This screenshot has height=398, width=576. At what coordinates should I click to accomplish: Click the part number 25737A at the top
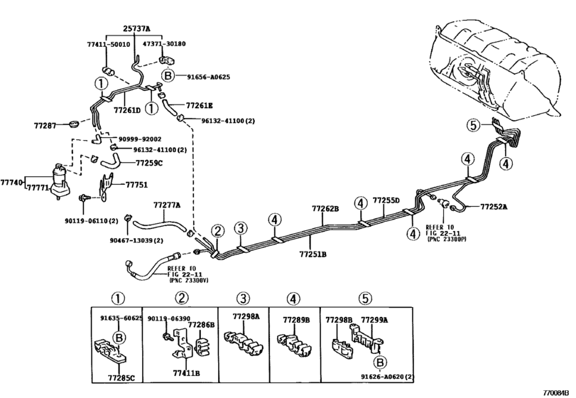(x=136, y=28)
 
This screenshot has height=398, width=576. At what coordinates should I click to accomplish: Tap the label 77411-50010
(x=109, y=44)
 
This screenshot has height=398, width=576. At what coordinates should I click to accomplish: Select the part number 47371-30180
(x=164, y=44)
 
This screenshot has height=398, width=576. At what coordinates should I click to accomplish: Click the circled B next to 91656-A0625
(x=168, y=76)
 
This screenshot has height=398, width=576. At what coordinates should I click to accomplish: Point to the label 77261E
(x=199, y=105)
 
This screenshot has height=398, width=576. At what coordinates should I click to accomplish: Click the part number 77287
(x=45, y=126)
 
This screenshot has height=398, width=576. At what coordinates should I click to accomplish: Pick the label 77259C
(x=148, y=163)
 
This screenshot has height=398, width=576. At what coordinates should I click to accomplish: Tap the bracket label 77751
(x=136, y=185)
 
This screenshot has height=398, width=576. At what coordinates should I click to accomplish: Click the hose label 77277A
(x=167, y=205)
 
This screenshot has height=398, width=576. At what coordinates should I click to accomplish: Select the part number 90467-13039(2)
(x=136, y=240)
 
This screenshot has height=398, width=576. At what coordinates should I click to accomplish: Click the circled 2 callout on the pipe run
(x=217, y=231)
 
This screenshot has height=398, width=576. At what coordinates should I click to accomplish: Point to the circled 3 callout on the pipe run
(x=240, y=228)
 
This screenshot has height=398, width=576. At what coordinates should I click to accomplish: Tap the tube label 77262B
(x=325, y=209)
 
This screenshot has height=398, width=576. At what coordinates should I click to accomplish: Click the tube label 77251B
(x=313, y=254)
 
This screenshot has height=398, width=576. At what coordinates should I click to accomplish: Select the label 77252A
(x=494, y=207)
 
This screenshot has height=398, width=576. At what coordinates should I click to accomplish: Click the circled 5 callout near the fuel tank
(x=474, y=126)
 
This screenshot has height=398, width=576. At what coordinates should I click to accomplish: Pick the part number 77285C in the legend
(x=121, y=377)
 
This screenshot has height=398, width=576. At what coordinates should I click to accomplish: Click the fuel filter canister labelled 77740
(x=60, y=181)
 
